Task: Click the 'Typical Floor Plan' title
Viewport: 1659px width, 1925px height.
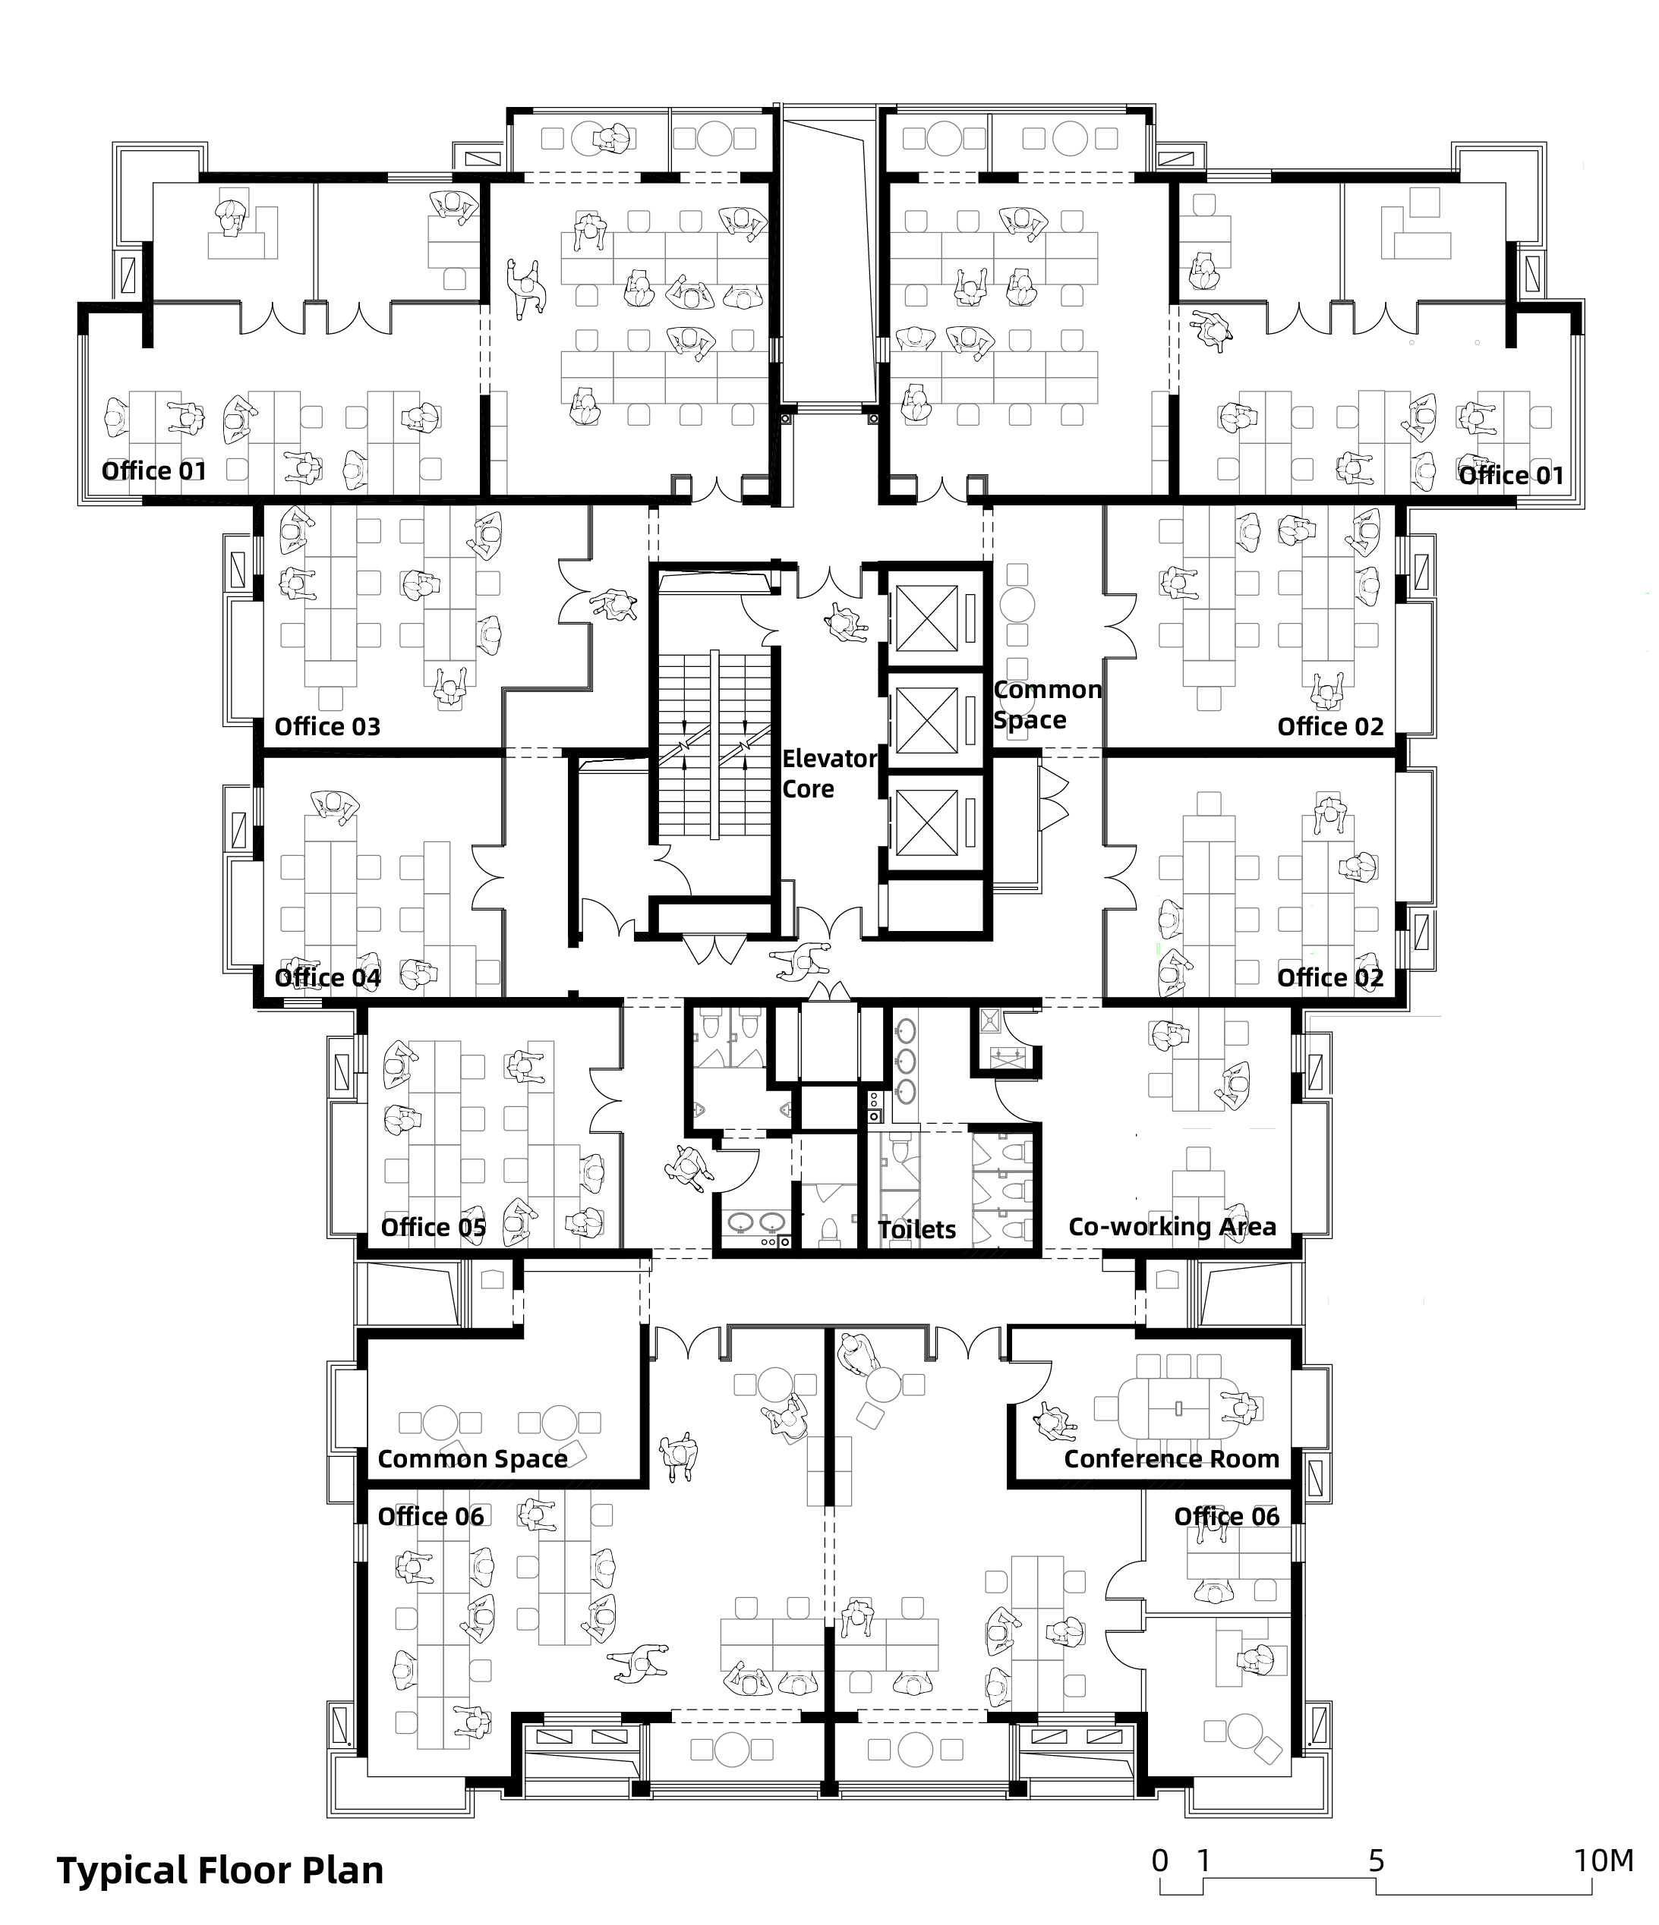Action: click(x=220, y=1870)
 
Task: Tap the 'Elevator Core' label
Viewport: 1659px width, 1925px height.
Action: click(x=829, y=774)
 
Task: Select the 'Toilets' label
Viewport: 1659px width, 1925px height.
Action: click(x=916, y=1229)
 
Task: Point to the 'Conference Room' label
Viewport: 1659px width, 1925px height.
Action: click(x=1171, y=1460)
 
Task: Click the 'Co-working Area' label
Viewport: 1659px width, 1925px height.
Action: click(x=1172, y=1227)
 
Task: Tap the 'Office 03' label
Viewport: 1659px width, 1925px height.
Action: click(x=327, y=726)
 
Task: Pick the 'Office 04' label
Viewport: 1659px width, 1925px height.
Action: click(x=327, y=977)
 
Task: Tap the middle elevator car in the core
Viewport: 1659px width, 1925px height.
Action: click(x=926, y=720)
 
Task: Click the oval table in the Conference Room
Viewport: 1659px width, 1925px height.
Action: click(x=1179, y=1408)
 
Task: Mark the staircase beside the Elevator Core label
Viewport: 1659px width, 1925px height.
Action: click(x=714, y=744)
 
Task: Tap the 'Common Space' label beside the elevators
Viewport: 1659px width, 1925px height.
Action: click(x=1048, y=704)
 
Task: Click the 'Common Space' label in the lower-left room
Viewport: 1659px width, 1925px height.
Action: click(x=472, y=1460)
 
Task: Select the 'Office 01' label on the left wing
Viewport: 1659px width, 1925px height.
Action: click(x=153, y=471)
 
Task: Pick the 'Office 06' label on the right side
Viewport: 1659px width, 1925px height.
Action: click(x=1227, y=1517)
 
